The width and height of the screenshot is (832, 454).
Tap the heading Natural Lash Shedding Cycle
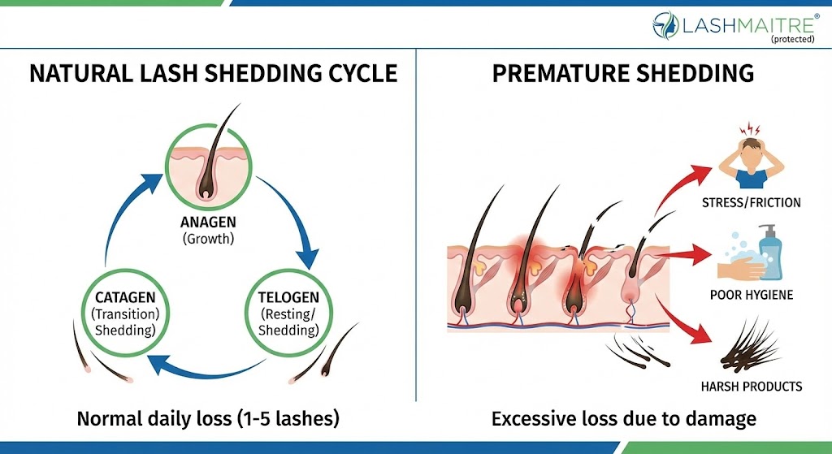click(213, 74)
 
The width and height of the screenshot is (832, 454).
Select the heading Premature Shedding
click(622, 74)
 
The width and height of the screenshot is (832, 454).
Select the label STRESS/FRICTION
click(751, 201)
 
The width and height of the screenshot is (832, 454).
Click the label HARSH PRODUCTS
click(752, 387)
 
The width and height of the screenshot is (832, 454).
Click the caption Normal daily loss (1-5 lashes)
click(208, 419)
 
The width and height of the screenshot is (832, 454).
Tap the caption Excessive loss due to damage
click(623, 419)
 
